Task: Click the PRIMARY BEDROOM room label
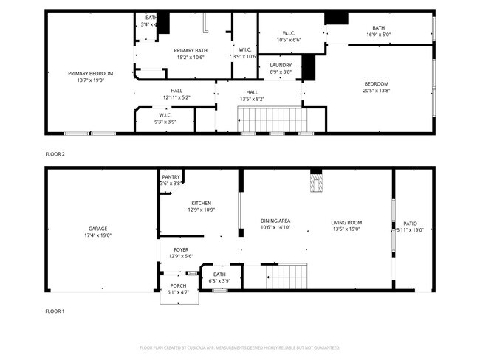click(90, 73)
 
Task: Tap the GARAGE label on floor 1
click(98, 229)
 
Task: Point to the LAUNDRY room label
click(281, 65)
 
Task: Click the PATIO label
click(409, 223)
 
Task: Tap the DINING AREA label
click(275, 221)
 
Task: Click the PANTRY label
click(171, 177)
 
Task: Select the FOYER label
click(181, 249)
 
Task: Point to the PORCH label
click(178, 285)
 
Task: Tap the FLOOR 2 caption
click(55, 154)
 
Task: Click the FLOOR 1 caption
click(55, 311)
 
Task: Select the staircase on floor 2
click(270, 117)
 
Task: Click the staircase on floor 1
click(286, 277)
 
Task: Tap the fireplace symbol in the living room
click(317, 181)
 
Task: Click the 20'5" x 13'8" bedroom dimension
click(375, 91)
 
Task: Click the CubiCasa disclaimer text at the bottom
click(239, 347)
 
